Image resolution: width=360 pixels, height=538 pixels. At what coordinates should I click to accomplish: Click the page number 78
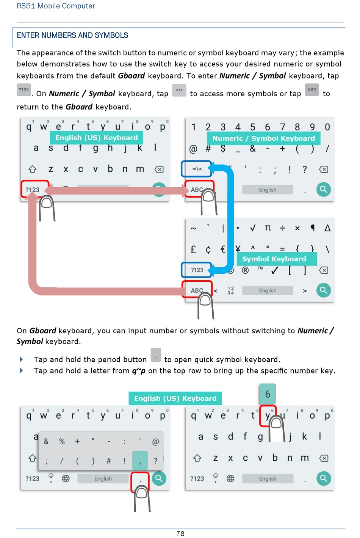coord(180,533)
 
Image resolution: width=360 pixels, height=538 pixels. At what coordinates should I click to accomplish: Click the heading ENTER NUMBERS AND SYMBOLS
coord(72,35)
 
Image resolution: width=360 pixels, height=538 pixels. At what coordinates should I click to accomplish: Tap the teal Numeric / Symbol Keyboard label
coord(263,138)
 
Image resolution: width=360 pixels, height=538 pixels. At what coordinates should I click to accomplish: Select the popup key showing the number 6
coord(268,394)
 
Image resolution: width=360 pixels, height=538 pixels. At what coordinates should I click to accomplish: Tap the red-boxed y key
coord(268,416)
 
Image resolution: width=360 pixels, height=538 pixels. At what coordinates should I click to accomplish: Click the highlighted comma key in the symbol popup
coord(140,461)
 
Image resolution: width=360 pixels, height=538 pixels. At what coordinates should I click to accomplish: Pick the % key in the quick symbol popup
coord(62,441)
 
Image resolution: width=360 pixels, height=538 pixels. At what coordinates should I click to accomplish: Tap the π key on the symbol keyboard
coord(268,228)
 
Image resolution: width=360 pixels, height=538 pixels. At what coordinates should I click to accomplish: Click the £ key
coord(193,249)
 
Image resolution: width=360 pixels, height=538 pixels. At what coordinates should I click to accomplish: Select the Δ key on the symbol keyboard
coord(327,228)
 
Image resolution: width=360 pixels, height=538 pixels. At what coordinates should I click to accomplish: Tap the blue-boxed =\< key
coord(197,169)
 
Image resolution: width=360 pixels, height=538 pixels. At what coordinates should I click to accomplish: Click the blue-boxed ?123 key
coord(197,270)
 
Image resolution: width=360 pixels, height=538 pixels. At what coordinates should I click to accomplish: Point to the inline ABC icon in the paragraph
coord(312,90)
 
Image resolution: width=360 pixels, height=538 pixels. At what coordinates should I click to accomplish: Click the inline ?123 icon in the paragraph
coord(24,90)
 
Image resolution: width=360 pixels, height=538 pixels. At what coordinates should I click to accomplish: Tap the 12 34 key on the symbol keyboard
coord(230,291)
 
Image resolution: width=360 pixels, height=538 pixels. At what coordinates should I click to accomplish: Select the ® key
coord(245,270)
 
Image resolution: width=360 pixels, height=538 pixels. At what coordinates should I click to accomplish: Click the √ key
coord(253,228)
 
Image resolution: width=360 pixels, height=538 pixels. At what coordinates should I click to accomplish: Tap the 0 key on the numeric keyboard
coord(327,127)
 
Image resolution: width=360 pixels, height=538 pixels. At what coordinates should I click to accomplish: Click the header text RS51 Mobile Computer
coord(56,6)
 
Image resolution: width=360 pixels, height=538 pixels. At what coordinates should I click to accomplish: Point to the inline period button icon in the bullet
coord(156,355)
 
